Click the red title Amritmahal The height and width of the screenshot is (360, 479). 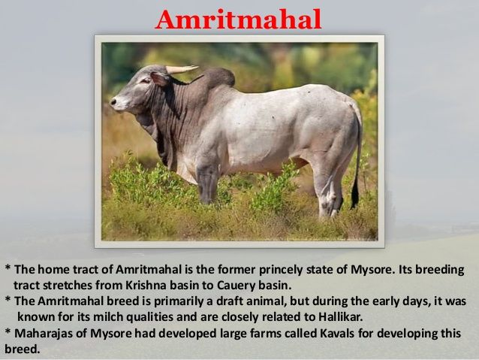[238, 20]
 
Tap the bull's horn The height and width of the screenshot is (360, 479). [181, 69]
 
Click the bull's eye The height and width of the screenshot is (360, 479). [145, 81]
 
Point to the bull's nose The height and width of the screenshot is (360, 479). [114, 101]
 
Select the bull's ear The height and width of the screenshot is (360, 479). [159, 79]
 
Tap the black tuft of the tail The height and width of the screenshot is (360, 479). [354, 192]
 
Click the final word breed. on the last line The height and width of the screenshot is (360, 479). [23, 349]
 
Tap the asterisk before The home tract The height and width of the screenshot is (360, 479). [8, 269]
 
